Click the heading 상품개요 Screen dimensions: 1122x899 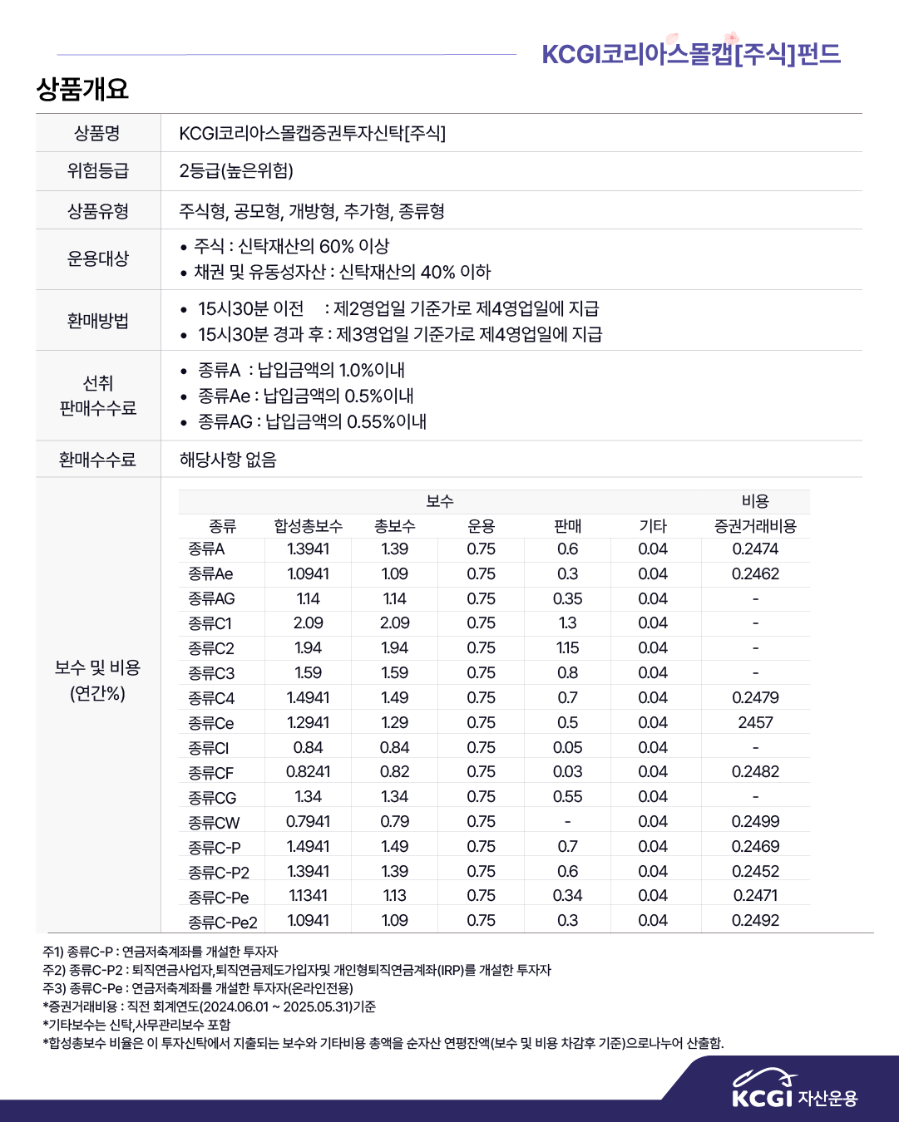pyautogui.click(x=82, y=89)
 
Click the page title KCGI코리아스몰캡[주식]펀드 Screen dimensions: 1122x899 pyautogui.click(x=690, y=54)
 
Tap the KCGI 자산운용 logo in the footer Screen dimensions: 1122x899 pyautogui.click(x=794, y=1090)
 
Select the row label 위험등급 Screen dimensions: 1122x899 pyautogui.click(x=98, y=171)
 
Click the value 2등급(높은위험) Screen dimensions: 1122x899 pyautogui.click(x=236, y=171)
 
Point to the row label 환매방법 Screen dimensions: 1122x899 pyautogui.click(x=98, y=321)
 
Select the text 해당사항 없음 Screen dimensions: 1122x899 pyautogui.click(x=228, y=460)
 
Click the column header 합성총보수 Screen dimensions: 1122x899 pyautogui.click(x=308, y=526)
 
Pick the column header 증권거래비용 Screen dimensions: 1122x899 pyautogui.click(x=755, y=526)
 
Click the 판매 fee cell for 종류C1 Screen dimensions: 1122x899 pyautogui.click(x=567, y=623)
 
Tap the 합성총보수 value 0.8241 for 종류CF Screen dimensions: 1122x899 pyautogui.click(x=308, y=772)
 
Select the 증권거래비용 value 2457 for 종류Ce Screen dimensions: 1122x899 pyautogui.click(x=755, y=722)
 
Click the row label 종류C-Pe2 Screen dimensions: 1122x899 pyautogui.click(x=222, y=922)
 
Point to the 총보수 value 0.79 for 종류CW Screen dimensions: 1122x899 pyautogui.click(x=394, y=822)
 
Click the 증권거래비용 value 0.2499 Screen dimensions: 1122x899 pyautogui.click(x=755, y=822)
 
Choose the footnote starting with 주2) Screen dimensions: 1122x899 pyautogui.click(x=297, y=970)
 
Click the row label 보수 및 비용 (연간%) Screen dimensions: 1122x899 pyautogui.click(x=98, y=681)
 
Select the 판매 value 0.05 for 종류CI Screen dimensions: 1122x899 pyautogui.click(x=567, y=747)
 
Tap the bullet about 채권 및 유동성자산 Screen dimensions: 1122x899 pyautogui.click(x=342, y=273)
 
